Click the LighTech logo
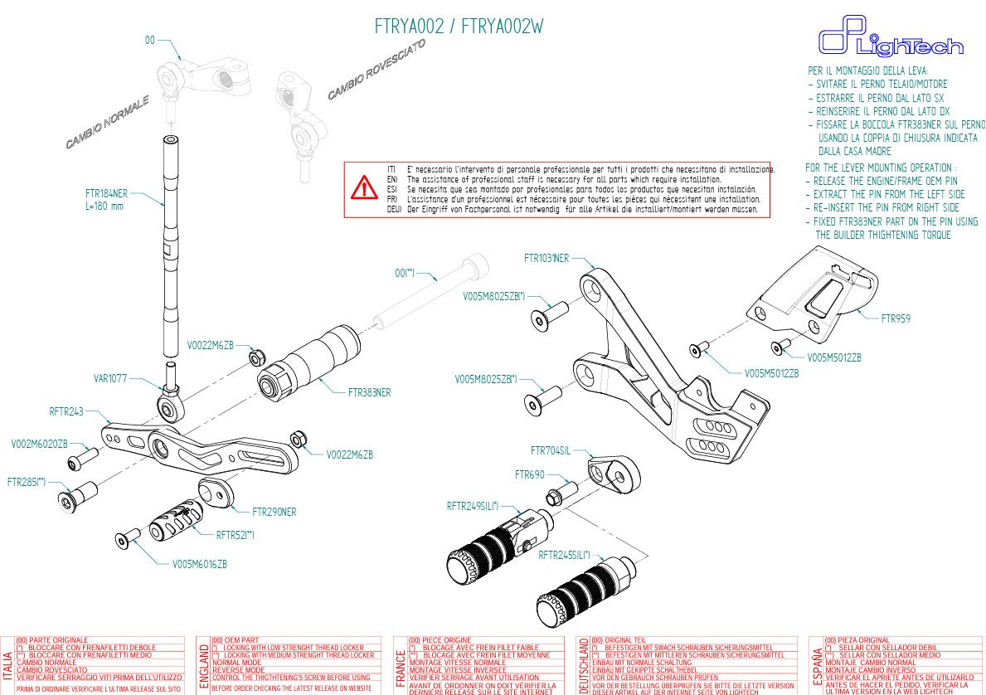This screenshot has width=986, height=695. click(890, 41)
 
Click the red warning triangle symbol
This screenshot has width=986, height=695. click(364, 188)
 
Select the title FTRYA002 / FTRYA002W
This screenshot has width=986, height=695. click(459, 26)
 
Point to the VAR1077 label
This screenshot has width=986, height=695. click(110, 378)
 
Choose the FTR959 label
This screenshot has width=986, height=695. click(895, 318)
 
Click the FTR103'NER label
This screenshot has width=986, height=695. click(546, 258)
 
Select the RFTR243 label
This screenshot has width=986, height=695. click(67, 411)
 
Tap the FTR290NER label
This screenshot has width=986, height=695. click(274, 512)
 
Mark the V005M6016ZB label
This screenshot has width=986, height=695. click(199, 564)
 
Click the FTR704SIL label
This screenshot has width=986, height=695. click(550, 451)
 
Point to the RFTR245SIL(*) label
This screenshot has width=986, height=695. click(564, 555)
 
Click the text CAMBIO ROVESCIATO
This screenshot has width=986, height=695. click(376, 70)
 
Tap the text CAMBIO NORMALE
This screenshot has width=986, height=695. click(108, 122)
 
